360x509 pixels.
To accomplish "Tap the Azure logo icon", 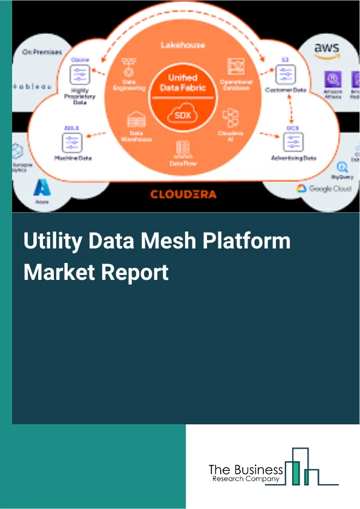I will [42, 187].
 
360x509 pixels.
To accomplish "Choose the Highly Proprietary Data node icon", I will [80, 75].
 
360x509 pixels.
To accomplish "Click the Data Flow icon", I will [180, 147].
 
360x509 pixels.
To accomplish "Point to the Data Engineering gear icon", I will [128, 70].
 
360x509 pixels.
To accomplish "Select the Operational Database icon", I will [235, 66].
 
